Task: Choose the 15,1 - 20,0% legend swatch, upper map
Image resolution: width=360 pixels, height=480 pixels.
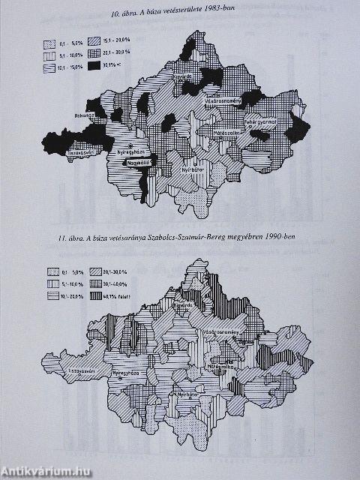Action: (x=94, y=43)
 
